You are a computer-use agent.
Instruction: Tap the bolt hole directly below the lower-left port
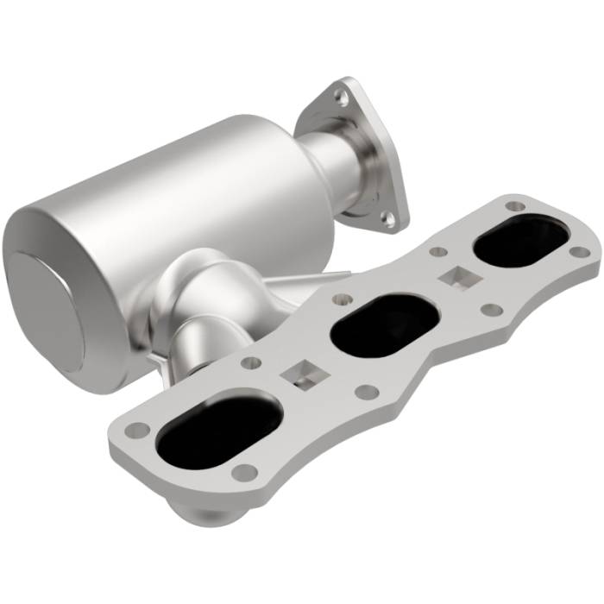click(245, 472)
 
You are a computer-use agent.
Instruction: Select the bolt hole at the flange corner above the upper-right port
click(515, 206)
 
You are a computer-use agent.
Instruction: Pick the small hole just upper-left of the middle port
click(342, 300)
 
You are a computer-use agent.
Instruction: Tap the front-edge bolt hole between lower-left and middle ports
click(367, 392)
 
